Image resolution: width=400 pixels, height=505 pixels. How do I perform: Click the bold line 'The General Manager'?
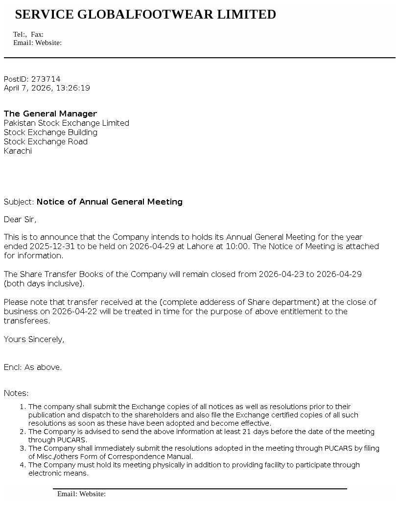click(50, 114)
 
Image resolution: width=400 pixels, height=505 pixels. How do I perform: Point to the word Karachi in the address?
click(18, 151)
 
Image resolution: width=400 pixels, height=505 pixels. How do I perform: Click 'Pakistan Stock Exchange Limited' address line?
click(67, 123)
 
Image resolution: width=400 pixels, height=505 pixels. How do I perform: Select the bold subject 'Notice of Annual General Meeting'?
click(109, 202)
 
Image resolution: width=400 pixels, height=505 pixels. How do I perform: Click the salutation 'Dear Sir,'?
click(20, 219)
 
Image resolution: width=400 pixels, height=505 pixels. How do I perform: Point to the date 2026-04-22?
click(63, 311)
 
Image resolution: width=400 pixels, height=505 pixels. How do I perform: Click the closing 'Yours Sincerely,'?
click(34, 339)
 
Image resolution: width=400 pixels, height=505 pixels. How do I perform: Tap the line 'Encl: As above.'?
click(33, 367)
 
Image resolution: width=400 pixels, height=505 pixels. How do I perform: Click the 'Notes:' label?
click(16, 393)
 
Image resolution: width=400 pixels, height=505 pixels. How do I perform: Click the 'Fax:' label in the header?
click(37, 34)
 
